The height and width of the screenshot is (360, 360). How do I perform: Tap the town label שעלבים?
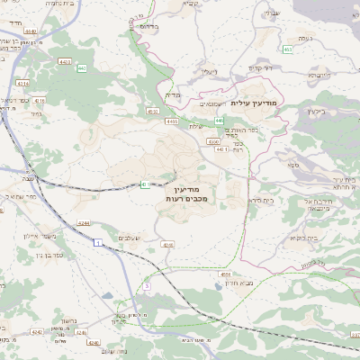click(130, 237)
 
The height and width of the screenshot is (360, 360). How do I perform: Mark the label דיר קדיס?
click(261, 68)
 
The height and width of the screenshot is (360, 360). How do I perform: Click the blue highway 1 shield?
click(96, 243)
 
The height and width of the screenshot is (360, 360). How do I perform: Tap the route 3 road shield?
click(146, 285)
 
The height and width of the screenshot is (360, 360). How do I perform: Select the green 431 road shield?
click(143, 185)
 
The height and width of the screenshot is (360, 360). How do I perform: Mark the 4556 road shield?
click(225, 275)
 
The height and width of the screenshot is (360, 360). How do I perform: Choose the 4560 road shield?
click(212, 141)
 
